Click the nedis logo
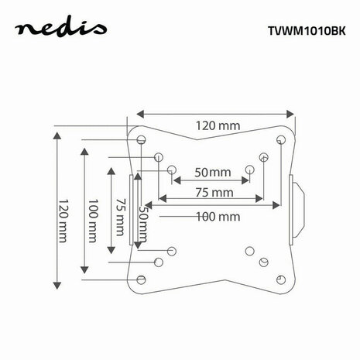tap(60, 29)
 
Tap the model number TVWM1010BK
tap(307, 31)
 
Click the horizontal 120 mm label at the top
tap(218, 125)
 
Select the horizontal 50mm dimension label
tap(213, 172)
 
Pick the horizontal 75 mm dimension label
tap(214, 193)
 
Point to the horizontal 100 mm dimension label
tap(218, 216)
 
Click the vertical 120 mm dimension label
tap(63, 221)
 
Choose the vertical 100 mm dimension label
tap(93, 221)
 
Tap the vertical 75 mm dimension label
tap(120, 217)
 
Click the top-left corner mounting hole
tap(141, 140)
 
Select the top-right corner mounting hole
tap(281, 140)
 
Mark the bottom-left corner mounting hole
tap(141, 279)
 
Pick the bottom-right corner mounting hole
tap(281, 279)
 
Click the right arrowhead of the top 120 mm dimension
tap(290, 114)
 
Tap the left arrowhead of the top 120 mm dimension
tap(140, 114)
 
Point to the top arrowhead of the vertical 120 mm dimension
tap(57, 135)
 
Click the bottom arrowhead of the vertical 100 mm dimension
tap(84, 270)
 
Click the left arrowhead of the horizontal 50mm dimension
tap(177, 180)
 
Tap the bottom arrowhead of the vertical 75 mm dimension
tap(111, 250)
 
